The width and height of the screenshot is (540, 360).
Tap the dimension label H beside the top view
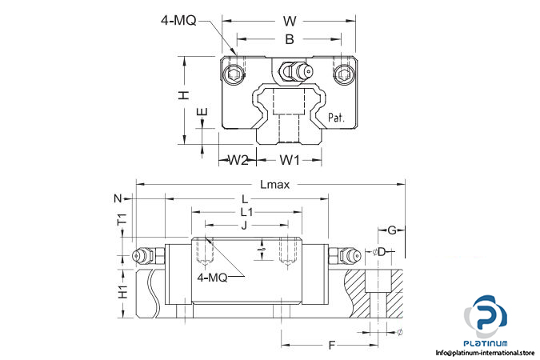184,95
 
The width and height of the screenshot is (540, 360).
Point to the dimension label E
202,113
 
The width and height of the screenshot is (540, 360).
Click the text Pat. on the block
338,118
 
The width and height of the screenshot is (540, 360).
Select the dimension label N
118,198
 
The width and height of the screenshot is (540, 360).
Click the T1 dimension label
122,220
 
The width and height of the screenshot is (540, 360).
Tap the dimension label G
392,231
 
